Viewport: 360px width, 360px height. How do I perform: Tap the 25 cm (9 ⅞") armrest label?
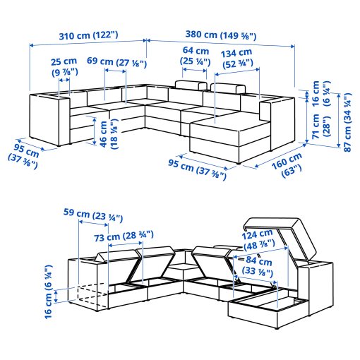tap(64, 66)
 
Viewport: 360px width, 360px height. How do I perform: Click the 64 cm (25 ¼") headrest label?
tap(195, 56)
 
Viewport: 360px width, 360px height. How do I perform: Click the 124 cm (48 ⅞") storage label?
tap(258, 240)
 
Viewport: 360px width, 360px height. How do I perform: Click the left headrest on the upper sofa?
tap(190, 88)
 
